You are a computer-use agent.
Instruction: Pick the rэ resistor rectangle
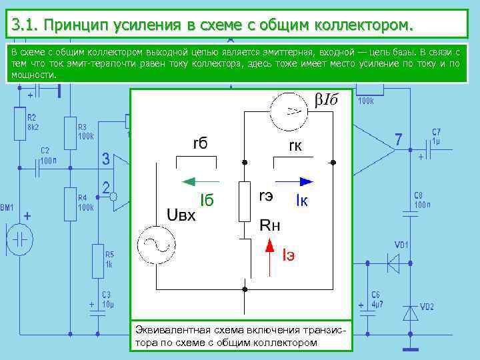[x=244, y=200]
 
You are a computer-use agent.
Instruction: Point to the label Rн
[x=270, y=226]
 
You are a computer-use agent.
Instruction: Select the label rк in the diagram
[x=296, y=145]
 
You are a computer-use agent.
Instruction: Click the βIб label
[x=326, y=100]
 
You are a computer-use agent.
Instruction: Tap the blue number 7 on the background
[x=398, y=140]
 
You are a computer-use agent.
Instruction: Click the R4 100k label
[x=85, y=203]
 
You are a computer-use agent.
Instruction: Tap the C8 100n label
[x=422, y=200]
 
